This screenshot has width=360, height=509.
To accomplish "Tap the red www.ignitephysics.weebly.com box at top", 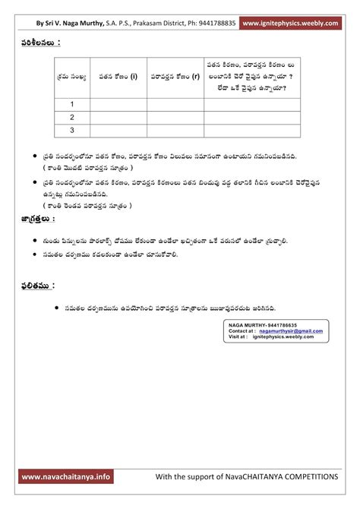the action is tap(292, 24).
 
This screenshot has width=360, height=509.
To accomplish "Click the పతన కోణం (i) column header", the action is tap(118, 77).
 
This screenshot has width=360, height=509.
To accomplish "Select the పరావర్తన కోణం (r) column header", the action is tap(175, 77).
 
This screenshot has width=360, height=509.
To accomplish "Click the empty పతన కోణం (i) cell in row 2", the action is tap(118, 117).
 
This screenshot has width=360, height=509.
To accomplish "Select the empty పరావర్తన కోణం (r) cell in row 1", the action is tap(175, 104).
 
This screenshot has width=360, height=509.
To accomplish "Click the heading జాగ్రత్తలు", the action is tap(38, 219).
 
